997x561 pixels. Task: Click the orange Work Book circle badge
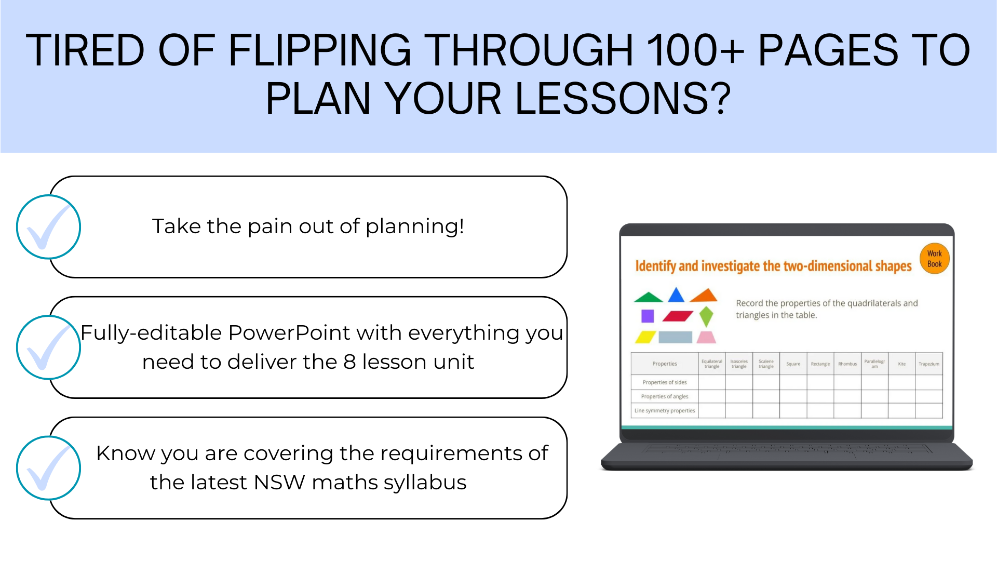(x=934, y=259)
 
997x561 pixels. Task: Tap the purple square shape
(x=648, y=316)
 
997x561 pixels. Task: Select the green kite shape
(x=706, y=316)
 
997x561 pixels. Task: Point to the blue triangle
(x=676, y=295)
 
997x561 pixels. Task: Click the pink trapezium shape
(x=706, y=337)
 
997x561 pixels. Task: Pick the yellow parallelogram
(x=645, y=337)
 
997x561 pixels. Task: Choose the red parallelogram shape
(x=678, y=316)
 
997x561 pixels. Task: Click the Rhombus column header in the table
(x=847, y=364)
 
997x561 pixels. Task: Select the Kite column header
(x=902, y=364)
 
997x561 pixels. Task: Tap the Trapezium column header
(x=929, y=364)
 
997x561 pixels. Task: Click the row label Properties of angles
(x=665, y=396)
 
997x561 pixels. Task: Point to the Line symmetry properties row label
(x=665, y=410)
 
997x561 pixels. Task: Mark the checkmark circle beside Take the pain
(x=48, y=227)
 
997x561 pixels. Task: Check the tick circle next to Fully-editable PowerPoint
(x=48, y=348)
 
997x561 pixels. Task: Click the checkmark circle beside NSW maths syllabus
(x=48, y=468)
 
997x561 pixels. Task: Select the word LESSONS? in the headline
(x=623, y=98)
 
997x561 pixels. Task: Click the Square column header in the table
(x=793, y=364)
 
